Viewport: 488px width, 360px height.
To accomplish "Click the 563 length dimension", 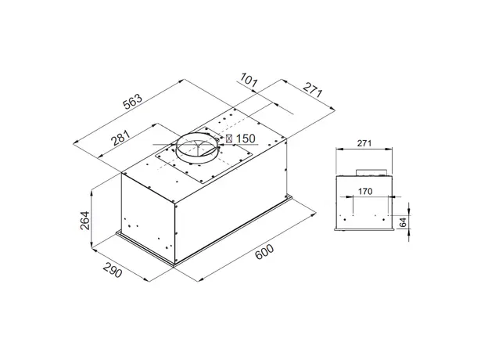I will coord(133,102).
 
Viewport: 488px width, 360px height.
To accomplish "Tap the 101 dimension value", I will coord(249,80).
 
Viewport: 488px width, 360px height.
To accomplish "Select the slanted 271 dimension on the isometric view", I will coord(312,91).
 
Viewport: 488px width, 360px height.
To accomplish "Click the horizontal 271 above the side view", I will coord(364,143).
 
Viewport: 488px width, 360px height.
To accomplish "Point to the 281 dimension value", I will coord(120,139).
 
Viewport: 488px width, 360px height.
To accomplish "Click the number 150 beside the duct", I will coord(246,139).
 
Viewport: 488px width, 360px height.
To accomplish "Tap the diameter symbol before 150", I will coord(229,139).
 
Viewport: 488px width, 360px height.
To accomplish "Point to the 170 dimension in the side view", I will coord(364,190).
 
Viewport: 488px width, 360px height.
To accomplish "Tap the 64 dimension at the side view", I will coord(403,222).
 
